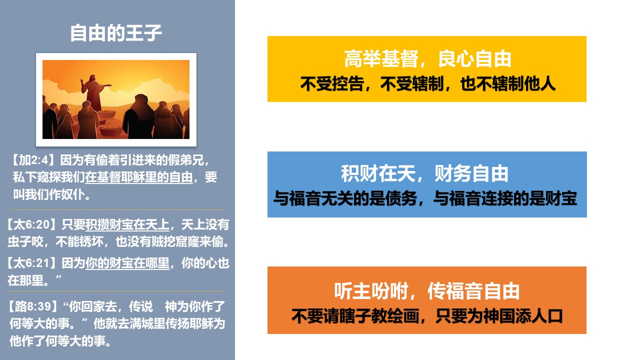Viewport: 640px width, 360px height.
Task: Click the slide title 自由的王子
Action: [x=116, y=33]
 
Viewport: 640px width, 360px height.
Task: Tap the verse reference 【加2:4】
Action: [x=33, y=160]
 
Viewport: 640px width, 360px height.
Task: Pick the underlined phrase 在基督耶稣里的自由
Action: [x=139, y=177]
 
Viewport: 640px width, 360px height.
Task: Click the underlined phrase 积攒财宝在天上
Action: [x=127, y=225]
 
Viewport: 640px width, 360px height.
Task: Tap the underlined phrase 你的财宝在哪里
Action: [x=127, y=263]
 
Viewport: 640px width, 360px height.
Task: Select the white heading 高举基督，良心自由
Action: [x=427, y=59]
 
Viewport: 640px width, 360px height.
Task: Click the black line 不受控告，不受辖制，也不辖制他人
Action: [x=427, y=84]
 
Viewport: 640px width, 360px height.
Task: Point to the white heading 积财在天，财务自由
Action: [x=425, y=173]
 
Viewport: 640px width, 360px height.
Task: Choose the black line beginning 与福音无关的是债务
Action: [x=425, y=198]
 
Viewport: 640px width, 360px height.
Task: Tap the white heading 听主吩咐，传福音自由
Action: [x=427, y=291]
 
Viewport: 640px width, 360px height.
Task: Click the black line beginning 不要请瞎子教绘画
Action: [x=427, y=316]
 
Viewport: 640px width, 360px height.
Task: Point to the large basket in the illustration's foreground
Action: [x=110, y=129]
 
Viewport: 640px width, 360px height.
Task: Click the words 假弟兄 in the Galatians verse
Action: [x=185, y=160]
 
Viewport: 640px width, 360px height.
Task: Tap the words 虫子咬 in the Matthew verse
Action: [x=25, y=241]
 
